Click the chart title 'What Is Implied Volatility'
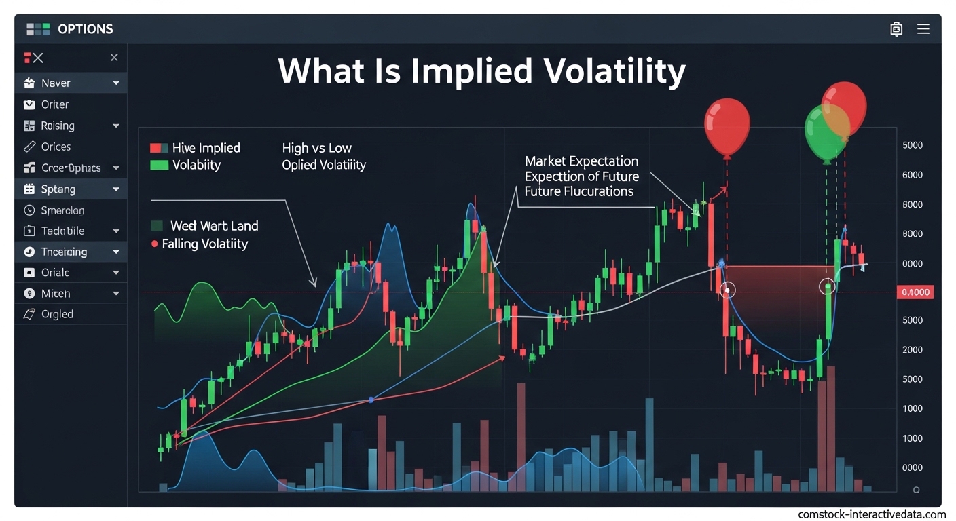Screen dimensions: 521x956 click(x=481, y=71)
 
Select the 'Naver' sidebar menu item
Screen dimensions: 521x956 click(x=56, y=83)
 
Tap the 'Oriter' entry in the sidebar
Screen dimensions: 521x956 click(x=55, y=104)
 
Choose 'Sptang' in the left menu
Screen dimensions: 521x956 click(x=58, y=189)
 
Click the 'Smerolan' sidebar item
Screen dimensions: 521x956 click(x=62, y=210)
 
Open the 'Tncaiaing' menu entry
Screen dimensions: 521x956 click(x=64, y=252)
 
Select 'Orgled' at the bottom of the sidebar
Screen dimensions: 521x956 click(x=57, y=314)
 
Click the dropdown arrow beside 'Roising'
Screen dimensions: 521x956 click(x=116, y=126)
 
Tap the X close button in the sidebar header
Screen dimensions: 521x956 click(x=114, y=58)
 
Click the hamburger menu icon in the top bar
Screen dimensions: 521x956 click(x=923, y=29)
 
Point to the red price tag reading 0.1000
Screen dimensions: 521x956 click(x=915, y=292)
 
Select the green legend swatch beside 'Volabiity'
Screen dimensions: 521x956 click(x=158, y=165)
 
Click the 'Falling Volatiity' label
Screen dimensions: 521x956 click(x=204, y=244)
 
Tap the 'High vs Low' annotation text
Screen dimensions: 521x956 click(x=317, y=148)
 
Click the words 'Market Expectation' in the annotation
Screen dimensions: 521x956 click(x=581, y=161)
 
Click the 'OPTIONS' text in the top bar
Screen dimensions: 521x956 click(x=86, y=29)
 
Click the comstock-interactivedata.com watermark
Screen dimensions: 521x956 click(x=871, y=514)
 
